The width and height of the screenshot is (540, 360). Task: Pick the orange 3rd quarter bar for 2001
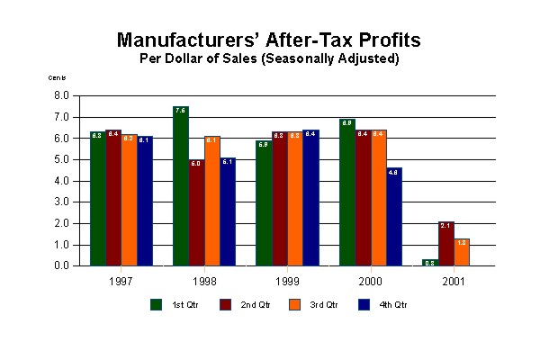pos(462,252)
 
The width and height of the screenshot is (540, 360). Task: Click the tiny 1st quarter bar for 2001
pos(429,263)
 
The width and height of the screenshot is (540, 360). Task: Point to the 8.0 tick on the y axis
pos(62,95)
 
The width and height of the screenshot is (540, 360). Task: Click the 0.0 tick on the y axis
pos(62,266)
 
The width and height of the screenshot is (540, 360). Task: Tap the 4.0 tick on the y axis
pos(62,181)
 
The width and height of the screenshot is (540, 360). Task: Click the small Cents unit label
pos(57,78)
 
